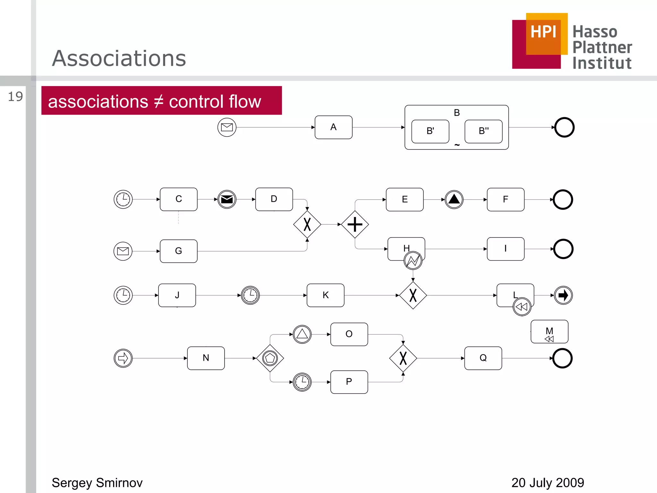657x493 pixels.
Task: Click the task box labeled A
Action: point(333,127)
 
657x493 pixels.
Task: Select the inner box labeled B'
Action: point(430,131)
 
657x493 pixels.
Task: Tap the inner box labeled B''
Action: point(483,131)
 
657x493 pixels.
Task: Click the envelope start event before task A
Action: point(227,127)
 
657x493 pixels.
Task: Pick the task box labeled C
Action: point(179,199)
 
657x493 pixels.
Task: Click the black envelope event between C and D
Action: point(227,199)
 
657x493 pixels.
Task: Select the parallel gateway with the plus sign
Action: point(355,224)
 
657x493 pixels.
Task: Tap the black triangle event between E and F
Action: point(454,199)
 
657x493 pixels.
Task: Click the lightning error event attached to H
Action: point(413,260)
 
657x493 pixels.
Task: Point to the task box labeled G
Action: point(179,251)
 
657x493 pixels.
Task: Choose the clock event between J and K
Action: point(250,295)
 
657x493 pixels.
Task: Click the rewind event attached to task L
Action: point(522,307)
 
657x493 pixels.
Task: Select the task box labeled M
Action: point(549,332)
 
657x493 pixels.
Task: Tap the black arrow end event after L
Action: point(563,295)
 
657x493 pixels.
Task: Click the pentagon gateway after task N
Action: point(270,358)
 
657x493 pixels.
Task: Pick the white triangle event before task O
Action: point(302,334)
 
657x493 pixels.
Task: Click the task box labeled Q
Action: point(483,358)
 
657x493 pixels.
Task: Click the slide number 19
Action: point(15,97)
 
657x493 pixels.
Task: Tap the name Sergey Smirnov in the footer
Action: point(97,483)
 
